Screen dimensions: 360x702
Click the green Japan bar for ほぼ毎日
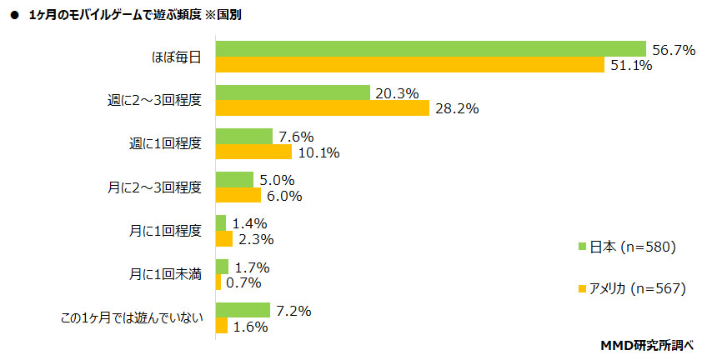click(431, 48)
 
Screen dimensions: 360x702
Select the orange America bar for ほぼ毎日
click(409, 65)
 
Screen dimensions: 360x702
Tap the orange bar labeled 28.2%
click(322, 108)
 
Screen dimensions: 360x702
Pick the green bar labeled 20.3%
click(293, 92)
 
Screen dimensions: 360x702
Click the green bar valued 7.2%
click(243, 310)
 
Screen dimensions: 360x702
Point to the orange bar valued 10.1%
click(253, 152)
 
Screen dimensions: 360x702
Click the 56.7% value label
click(674, 50)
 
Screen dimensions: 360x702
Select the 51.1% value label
click(630, 66)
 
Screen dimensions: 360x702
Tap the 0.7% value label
click(244, 283)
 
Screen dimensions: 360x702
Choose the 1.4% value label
click(249, 224)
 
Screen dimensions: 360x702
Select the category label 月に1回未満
click(165, 274)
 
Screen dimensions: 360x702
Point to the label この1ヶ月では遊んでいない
click(132, 317)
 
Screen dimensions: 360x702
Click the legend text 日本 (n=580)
click(631, 247)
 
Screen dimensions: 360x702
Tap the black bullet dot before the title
click(14, 14)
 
